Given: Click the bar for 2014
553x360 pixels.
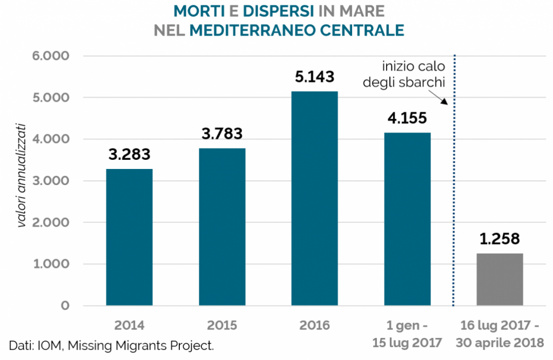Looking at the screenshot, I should click(x=129, y=237).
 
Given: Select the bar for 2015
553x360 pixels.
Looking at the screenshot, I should click(x=222, y=227).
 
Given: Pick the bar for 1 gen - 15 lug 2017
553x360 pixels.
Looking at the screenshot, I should click(x=407, y=219).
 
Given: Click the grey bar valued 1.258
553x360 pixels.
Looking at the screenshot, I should click(x=500, y=280).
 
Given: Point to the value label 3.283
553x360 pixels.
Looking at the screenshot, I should click(x=129, y=154).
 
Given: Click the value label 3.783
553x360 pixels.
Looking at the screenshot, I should click(x=222, y=134).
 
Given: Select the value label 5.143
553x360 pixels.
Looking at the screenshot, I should click(x=314, y=77).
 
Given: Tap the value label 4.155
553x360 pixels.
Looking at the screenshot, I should click(x=407, y=118).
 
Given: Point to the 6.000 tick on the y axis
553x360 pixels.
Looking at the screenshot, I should click(x=53, y=56).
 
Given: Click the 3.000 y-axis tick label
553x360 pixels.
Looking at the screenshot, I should click(x=53, y=181).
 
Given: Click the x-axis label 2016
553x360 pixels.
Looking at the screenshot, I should click(x=314, y=325).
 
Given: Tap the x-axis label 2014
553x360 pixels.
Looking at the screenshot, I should click(x=129, y=325).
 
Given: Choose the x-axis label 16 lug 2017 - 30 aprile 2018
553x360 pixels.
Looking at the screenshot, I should click(x=500, y=334).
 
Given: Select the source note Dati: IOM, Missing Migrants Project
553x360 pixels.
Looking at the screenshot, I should click(x=111, y=345).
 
